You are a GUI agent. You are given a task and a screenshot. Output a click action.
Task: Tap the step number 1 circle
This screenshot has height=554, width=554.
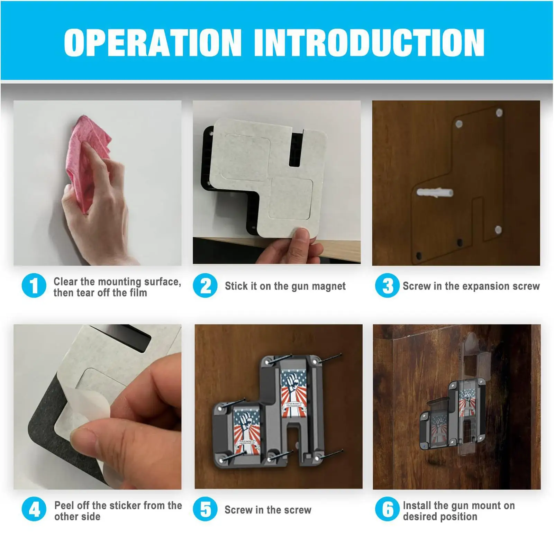(x=34, y=286)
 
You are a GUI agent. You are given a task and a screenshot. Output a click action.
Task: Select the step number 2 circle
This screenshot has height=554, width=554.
(x=205, y=286)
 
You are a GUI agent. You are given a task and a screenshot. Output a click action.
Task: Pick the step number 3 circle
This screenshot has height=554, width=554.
(x=387, y=286)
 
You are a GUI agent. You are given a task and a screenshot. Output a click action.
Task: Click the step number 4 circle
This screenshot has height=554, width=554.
(x=34, y=509)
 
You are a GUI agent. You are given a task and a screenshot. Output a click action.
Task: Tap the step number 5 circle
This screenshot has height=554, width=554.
(x=205, y=509)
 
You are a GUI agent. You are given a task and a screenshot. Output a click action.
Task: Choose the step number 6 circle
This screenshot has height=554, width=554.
(x=387, y=509)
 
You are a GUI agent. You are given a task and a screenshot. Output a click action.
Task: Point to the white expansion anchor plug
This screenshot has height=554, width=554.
(x=435, y=193)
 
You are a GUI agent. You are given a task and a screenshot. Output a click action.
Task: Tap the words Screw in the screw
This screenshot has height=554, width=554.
(x=268, y=510)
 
